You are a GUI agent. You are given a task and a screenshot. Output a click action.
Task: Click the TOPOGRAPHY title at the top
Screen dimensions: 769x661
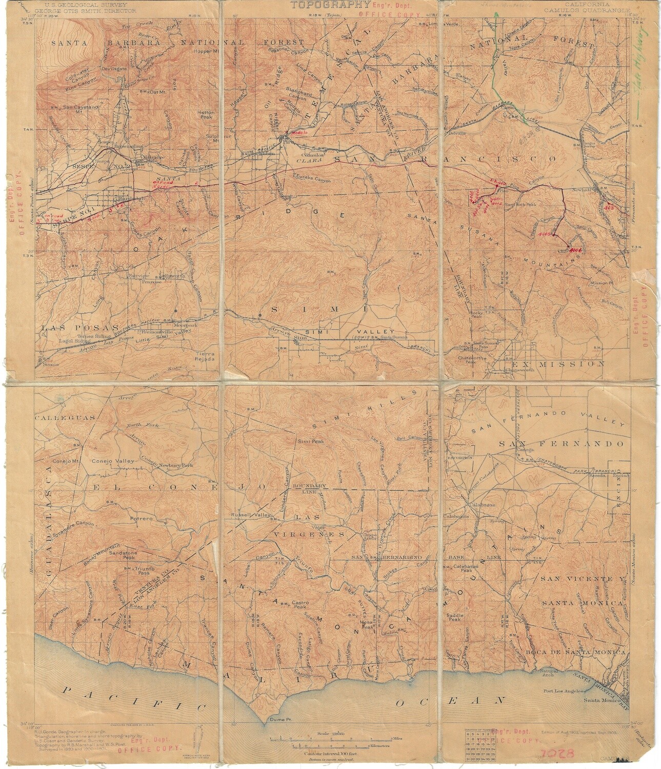click(x=330, y=6)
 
